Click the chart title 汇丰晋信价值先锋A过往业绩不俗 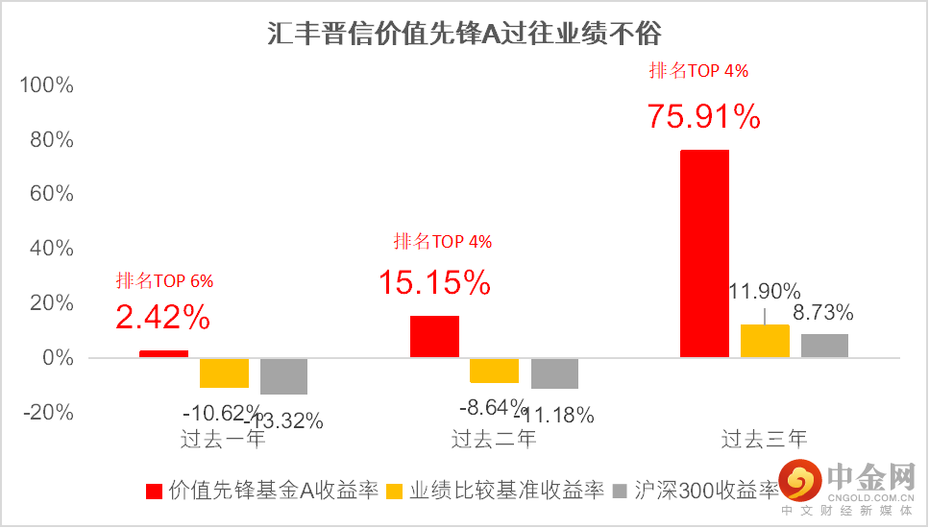click(464, 35)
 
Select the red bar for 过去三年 click(704, 253)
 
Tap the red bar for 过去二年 click(434, 336)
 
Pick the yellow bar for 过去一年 click(224, 372)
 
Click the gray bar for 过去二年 click(554, 373)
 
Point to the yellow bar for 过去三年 click(765, 341)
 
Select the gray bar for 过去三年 click(824, 346)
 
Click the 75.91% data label click(704, 116)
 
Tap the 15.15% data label click(434, 282)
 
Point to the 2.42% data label click(163, 316)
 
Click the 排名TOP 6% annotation click(164, 281)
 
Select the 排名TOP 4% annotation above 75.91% click(698, 70)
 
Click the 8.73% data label click(822, 313)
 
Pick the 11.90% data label click(765, 291)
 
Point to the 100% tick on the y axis click(47, 85)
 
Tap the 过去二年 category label click(494, 440)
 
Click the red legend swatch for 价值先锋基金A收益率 click(153, 492)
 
